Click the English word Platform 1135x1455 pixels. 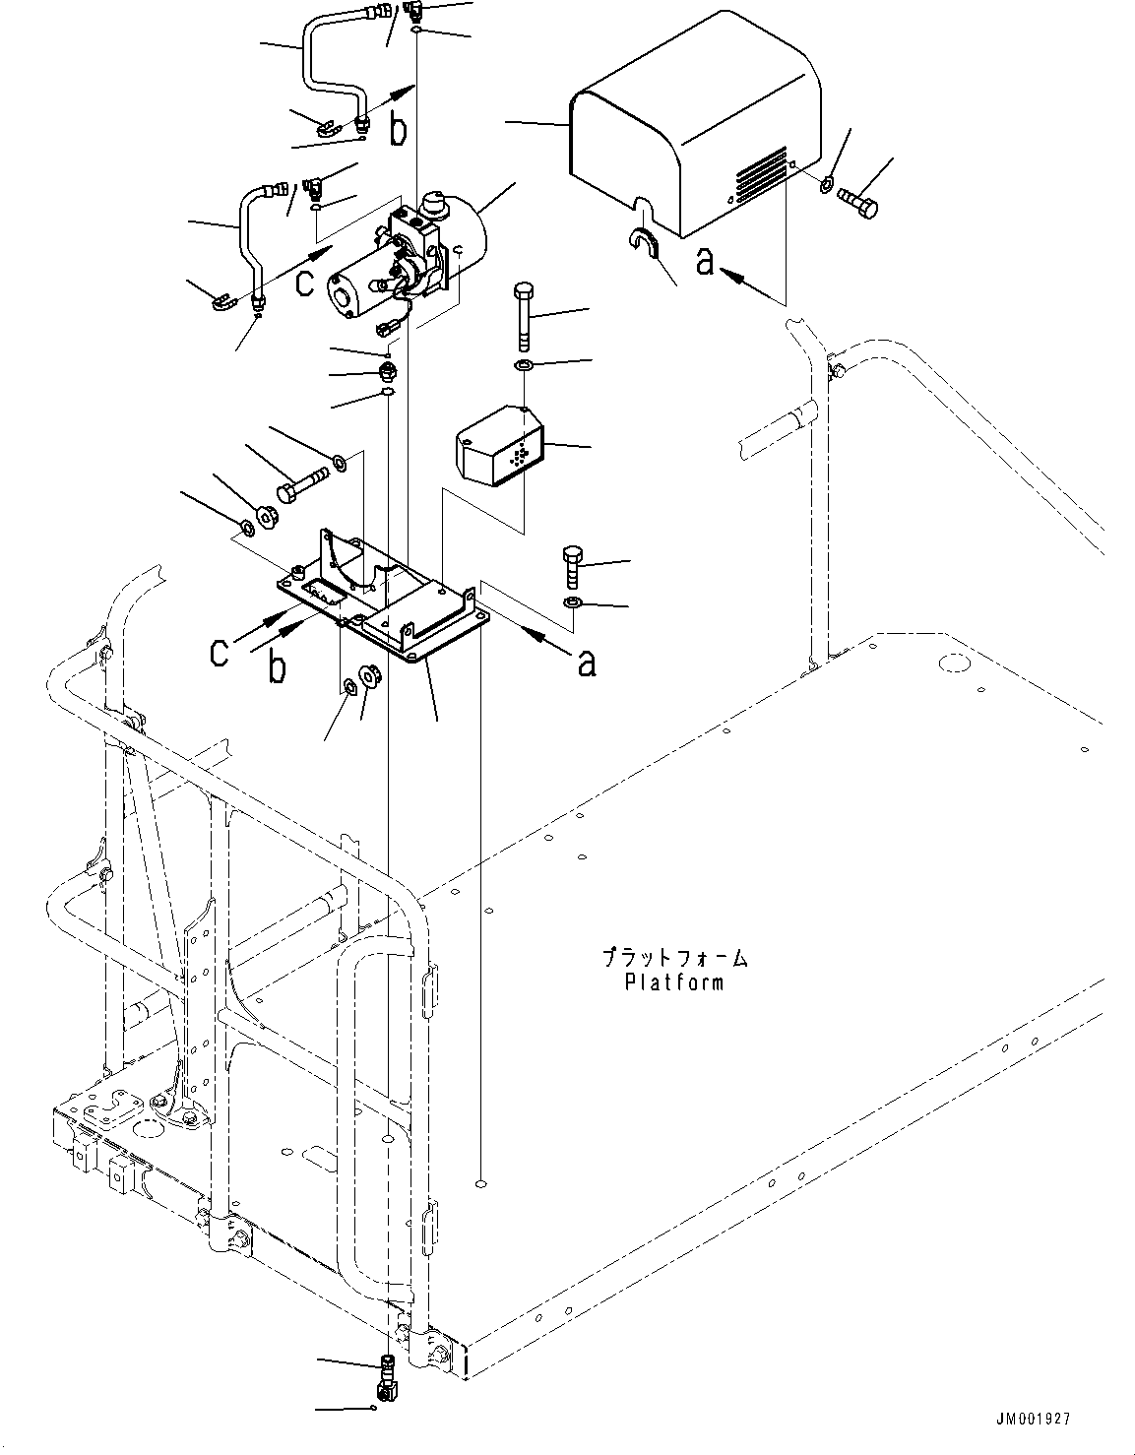click(673, 981)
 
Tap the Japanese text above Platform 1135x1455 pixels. click(673, 957)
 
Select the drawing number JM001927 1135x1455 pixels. click(1032, 1419)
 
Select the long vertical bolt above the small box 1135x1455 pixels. click(524, 315)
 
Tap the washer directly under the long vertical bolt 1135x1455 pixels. click(524, 366)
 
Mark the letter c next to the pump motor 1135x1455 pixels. click(305, 282)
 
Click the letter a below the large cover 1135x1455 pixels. click(705, 263)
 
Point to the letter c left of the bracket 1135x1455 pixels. click(222, 653)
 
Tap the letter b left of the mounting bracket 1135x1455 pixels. click(279, 667)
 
